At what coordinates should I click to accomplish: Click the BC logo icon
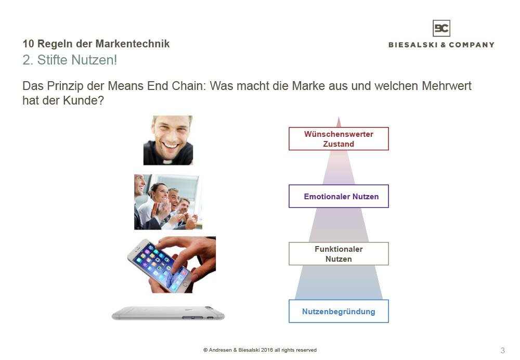[x=441, y=28]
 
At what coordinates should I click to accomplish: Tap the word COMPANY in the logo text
[x=472, y=45]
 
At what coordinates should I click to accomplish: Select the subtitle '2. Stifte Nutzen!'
[x=70, y=60]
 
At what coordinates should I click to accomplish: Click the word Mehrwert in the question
[x=446, y=86]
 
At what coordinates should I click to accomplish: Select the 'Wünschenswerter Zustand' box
[x=339, y=139]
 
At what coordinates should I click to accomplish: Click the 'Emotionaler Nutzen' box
[x=339, y=196]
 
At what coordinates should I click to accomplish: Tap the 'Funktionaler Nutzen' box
[x=339, y=253]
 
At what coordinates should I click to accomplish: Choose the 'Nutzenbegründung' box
[x=339, y=311]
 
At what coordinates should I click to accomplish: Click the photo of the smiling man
[x=168, y=140]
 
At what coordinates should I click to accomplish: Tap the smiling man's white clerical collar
[x=168, y=162]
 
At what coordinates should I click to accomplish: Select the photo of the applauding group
[x=168, y=202]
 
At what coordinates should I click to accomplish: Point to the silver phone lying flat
[x=168, y=314]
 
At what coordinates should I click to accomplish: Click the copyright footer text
[x=260, y=350]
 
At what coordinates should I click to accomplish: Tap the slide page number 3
[x=503, y=351]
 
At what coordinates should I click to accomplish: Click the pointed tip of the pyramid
[x=339, y=117]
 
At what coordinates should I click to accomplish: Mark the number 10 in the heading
[x=28, y=44]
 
